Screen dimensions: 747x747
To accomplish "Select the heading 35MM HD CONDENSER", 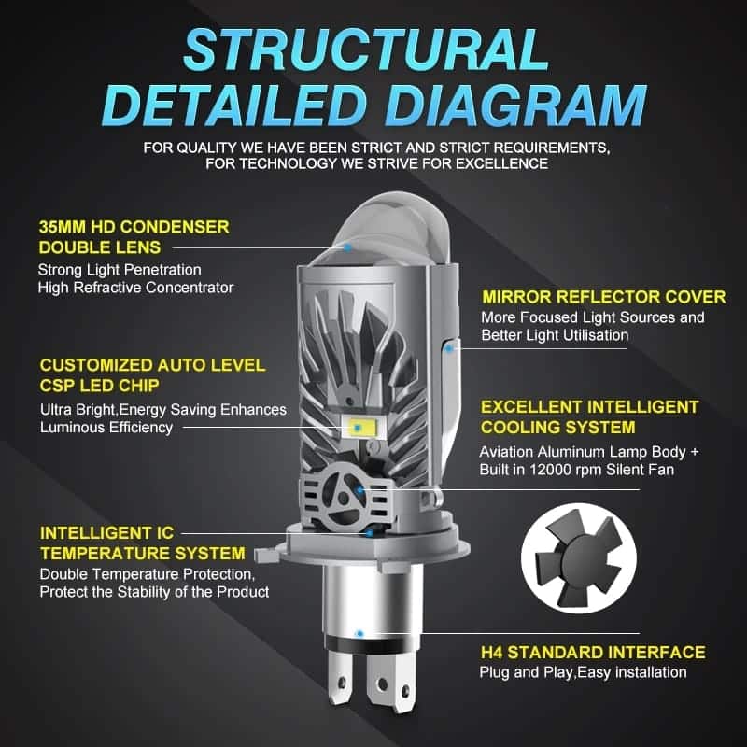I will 134,227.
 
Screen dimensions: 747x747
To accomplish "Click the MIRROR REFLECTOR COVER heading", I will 603,297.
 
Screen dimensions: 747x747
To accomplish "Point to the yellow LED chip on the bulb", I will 359,429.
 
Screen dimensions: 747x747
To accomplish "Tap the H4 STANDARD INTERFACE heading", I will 592,652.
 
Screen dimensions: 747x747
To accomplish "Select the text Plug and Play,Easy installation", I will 583,672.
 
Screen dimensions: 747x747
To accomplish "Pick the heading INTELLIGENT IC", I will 106,533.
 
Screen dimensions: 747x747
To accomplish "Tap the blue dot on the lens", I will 346,247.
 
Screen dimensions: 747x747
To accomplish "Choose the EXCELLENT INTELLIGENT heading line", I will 588,407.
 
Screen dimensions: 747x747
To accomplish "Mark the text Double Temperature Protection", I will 146,572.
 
